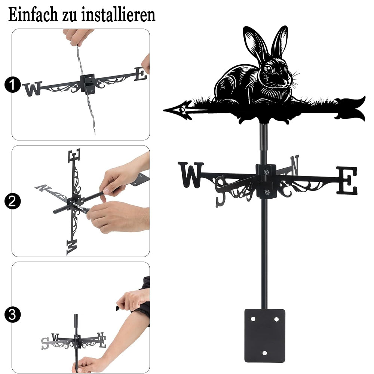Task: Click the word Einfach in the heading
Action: tap(33, 15)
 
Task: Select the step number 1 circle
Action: tap(12, 85)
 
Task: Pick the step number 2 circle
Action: tap(12, 201)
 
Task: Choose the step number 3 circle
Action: tap(12, 315)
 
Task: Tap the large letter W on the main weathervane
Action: tap(191, 175)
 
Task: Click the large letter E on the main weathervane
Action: tap(347, 180)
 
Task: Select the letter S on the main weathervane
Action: tap(221, 191)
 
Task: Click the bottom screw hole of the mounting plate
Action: tap(264, 353)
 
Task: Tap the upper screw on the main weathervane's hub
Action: tap(266, 172)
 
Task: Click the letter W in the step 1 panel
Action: tap(33, 89)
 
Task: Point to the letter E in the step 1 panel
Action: tap(141, 74)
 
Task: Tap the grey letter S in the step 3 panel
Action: tap(45, 344)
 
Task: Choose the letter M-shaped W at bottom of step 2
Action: tap(72, 248)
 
